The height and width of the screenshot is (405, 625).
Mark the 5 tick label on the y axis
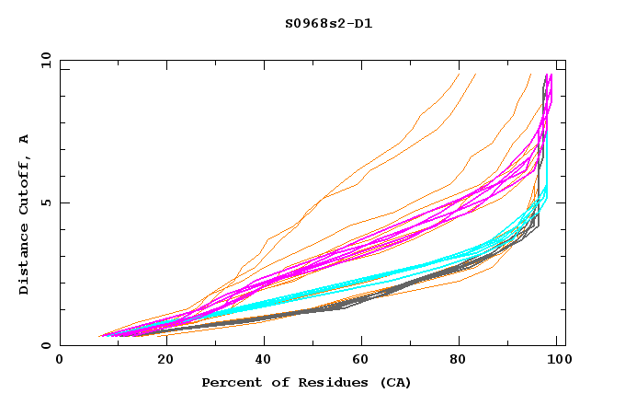click(46, 202)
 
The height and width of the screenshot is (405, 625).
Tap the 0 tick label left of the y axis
click(46, 345)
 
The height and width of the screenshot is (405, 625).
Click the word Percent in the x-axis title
click(227, 382)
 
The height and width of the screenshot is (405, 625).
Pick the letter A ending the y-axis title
click(25, 139)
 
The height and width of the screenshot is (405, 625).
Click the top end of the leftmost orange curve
click(459, 74)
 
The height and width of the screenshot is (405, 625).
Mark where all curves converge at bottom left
click(101, 336)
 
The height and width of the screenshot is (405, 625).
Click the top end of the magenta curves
click(549, 75)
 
